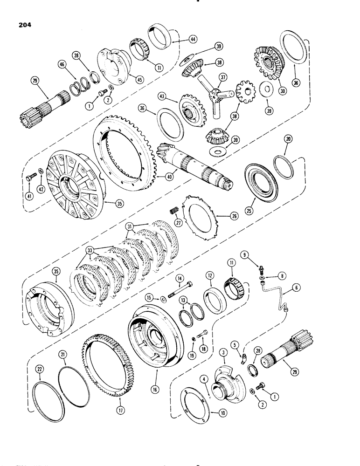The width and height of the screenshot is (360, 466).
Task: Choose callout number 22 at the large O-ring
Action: click(41, 370)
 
